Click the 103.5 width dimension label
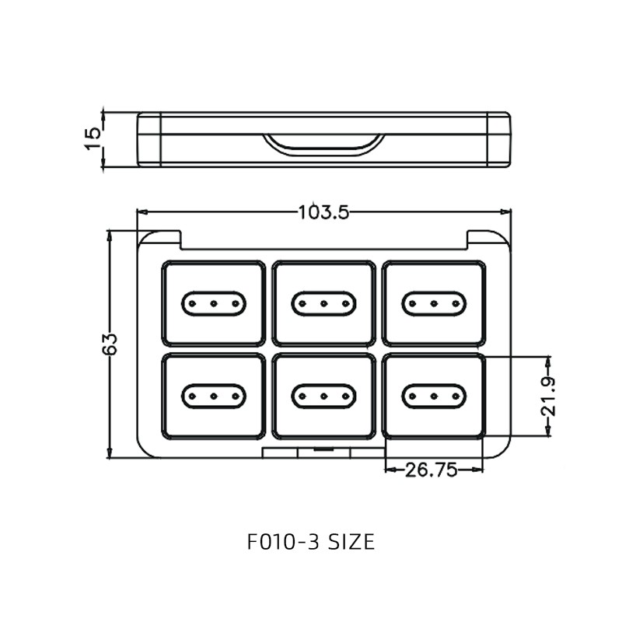[323, 211]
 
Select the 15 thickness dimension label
[93, 138]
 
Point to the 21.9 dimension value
[549, 397]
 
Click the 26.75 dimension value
[431, 469]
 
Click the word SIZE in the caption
[347, 541]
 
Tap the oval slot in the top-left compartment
[214, 303]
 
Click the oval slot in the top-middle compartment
[323, 303]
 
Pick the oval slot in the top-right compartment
[434, 303]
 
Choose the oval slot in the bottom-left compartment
[214, 396]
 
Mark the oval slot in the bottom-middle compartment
[323, 396]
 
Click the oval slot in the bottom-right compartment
[434, 396]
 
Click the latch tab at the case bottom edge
[323, 451]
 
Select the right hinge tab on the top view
[486, 239]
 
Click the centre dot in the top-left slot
[214, 303]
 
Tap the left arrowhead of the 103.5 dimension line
[142, 211]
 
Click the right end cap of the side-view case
[499, 139]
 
